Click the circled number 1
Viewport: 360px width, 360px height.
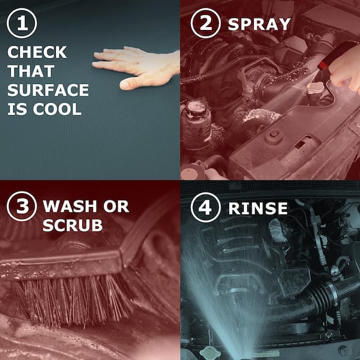22,23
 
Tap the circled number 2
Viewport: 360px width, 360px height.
205,23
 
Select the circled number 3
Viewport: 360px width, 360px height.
22,206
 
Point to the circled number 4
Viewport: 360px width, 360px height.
205,208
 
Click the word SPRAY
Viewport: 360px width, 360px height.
259,24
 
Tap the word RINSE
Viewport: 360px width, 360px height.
258,208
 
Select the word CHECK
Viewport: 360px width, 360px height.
37,52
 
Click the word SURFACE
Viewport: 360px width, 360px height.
48,90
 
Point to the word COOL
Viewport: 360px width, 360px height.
58,109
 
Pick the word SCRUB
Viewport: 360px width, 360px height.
73,225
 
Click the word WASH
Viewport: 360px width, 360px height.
70,206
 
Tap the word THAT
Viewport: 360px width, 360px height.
31,71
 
